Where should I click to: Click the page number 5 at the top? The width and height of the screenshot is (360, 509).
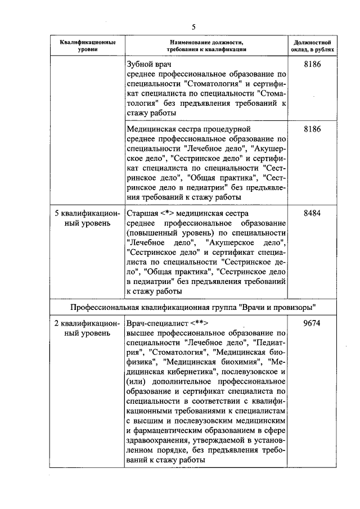coord(193,27)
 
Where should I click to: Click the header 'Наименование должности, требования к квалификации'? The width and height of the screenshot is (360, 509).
coord(206,46)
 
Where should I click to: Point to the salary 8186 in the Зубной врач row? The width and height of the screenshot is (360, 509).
coord(312,65)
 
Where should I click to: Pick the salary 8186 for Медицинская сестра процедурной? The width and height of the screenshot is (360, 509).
coord(312,129)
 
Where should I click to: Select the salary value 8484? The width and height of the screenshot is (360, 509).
coord(312,214)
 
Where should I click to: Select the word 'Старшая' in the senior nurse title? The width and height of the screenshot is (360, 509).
coord(143,214)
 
